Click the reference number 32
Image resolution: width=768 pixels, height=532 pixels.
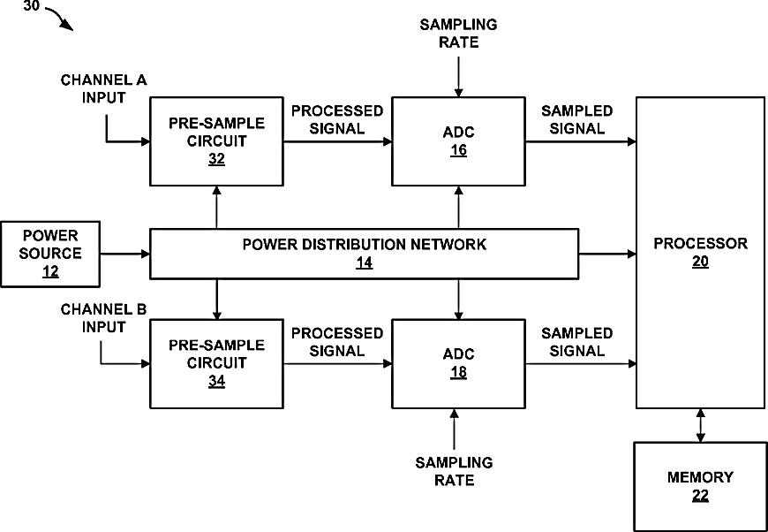coord(216,159)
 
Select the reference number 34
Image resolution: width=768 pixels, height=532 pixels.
coord(216,381)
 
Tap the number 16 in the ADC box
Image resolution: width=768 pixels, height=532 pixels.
coord(458,150)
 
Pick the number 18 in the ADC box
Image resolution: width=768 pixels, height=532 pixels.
coord(458,372)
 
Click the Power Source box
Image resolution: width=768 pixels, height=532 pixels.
coord(50,254)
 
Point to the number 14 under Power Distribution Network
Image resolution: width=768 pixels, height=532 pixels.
coord(364,262)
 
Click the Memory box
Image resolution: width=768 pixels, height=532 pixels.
coord(700,487)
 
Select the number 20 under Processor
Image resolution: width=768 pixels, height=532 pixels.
coord(700,262)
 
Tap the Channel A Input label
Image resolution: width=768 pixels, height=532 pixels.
coord(103,88)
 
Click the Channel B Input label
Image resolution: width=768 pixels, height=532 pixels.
coord(103,318)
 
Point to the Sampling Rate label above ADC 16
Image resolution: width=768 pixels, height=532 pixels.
coord(458,34)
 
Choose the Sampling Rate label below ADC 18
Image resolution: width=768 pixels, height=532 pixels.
coord(454,471)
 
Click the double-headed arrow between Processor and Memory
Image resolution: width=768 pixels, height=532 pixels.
coord(700,425)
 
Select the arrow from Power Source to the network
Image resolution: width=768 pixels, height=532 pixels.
coord(124,254)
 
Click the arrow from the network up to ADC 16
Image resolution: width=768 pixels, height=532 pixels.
coord(458,208)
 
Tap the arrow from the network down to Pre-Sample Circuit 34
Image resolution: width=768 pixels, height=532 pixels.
coord(216,299)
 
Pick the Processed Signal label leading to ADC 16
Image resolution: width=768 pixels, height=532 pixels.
coord(337,119)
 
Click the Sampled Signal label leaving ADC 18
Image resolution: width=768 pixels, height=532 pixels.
coord(577,342)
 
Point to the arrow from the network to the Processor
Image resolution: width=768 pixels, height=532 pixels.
coord(607,254)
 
